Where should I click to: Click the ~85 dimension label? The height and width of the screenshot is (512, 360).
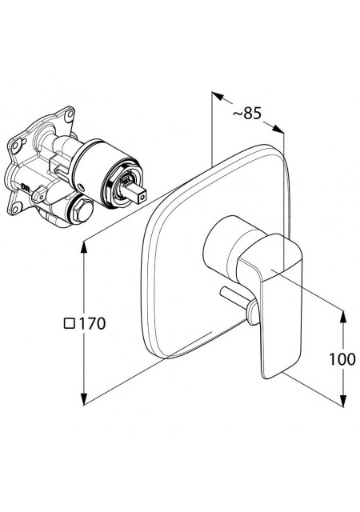247,114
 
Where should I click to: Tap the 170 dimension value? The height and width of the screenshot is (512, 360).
93,323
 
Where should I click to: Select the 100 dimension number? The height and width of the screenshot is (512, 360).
342,359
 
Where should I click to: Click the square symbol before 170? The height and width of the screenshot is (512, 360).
70,323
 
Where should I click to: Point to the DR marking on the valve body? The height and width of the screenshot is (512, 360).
26,186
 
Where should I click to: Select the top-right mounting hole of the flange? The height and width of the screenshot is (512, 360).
69,115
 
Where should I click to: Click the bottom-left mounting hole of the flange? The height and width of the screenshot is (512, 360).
16,208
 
